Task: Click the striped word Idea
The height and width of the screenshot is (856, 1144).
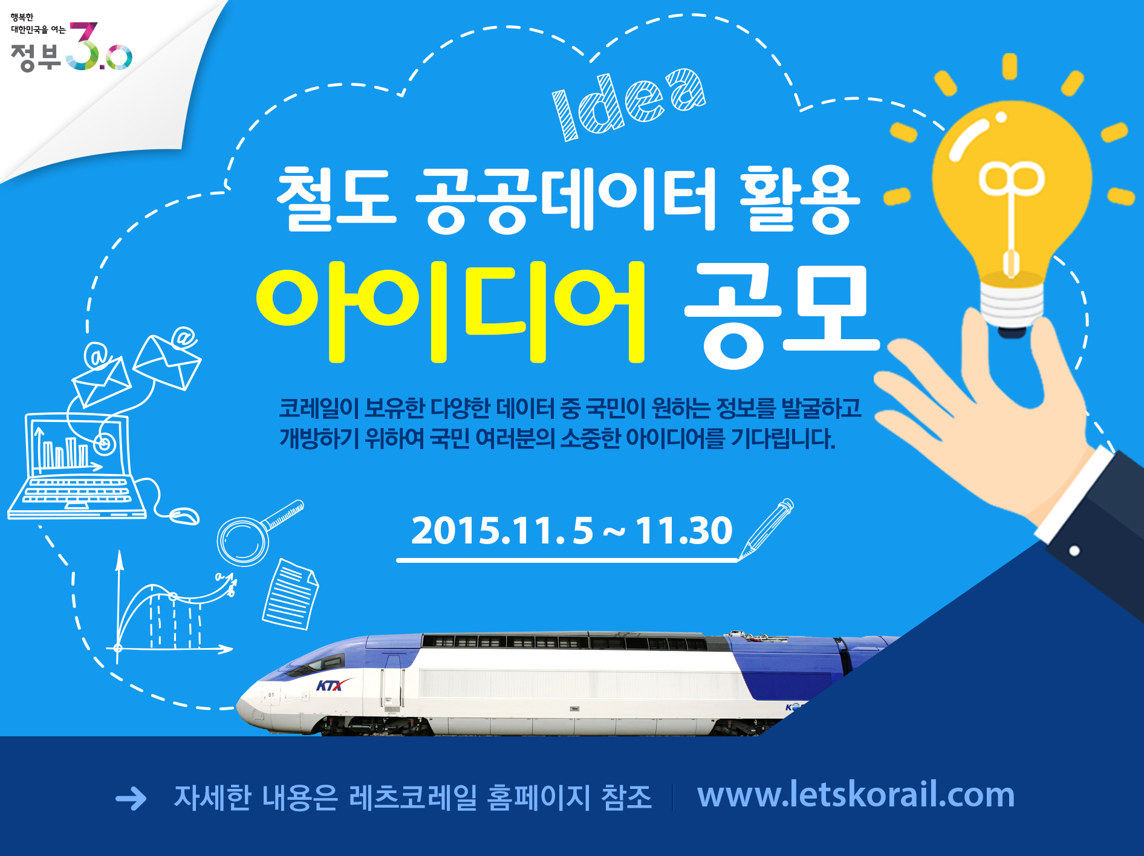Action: tap(629, 104)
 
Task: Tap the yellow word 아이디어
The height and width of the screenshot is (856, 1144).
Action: tap(451, 312)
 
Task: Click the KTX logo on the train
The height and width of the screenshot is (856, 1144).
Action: tap(330, 686)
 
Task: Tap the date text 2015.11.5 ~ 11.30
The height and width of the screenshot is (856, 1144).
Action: tap(571, 531)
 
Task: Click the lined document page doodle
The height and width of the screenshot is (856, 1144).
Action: tap(290, 594)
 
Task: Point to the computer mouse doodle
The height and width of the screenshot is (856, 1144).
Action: tap(184, 516)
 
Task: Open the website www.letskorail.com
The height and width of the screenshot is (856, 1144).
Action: tap(856, 794)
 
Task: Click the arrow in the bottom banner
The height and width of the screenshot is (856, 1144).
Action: tap(131, 799)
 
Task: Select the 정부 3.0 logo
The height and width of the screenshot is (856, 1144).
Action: tap(71, 46)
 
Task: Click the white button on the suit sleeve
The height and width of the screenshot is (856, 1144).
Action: tap(1074, 551)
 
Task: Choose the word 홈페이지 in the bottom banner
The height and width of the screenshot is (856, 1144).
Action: tap(539, 797)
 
